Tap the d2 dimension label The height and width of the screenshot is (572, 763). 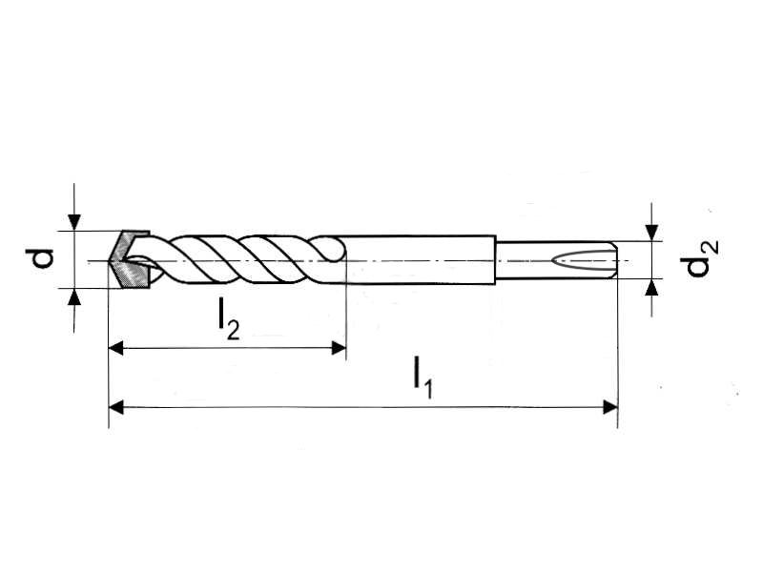coord(701,257)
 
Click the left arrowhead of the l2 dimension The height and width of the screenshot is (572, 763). coord(117,348)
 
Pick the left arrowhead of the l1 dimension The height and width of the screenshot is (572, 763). coord(117,408)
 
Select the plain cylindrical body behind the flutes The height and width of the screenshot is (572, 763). coord(420,258)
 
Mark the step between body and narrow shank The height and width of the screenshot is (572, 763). coord(497,258)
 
